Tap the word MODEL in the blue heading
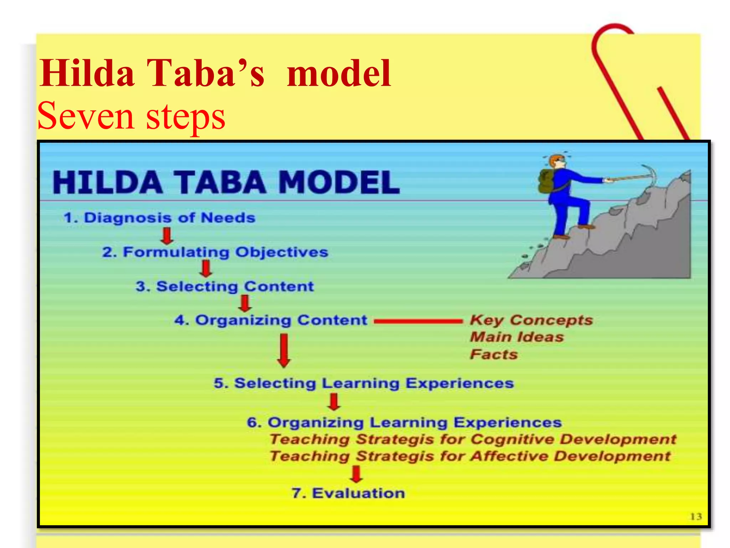(x=338, y=182)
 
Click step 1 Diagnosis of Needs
(x=159, y=218)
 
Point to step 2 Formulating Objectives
(x=215, y=252)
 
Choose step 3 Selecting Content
(x=225, y=286)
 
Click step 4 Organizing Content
(x=271, y=320)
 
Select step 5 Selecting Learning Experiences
(x=364, y=383)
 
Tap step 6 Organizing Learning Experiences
(x=404, y=422)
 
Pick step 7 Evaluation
(x=348, y=493)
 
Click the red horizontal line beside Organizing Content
(x=418, y=321)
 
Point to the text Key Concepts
(x=531, y=320)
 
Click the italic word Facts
(x=494, y=354)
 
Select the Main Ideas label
(x=517, y=337)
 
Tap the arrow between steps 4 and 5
(x=284, y=350)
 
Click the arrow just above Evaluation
(x=356, y=474)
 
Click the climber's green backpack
(x=546, y=182)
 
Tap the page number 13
(x=696, y=516)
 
